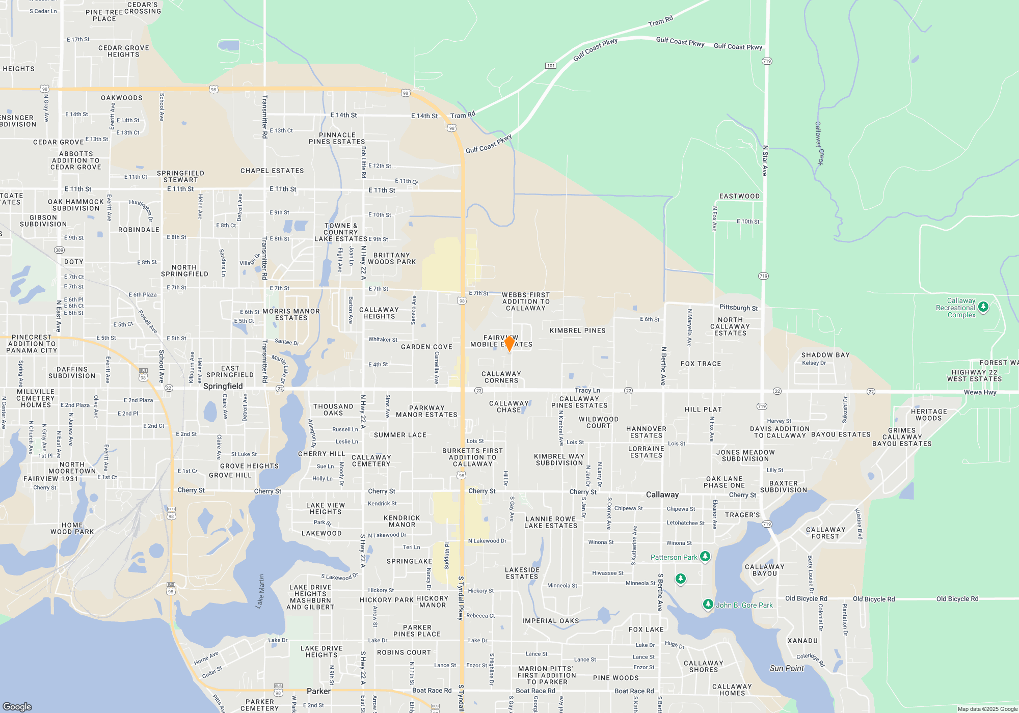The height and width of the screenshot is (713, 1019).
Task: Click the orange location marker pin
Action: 509,343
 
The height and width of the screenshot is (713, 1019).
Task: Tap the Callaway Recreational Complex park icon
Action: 983,307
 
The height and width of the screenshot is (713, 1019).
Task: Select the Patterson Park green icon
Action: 705,557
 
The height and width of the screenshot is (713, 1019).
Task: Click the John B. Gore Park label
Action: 744,605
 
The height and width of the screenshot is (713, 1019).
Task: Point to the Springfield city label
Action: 223,386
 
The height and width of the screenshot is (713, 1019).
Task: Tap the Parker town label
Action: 318,691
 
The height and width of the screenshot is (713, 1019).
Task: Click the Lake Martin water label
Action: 260,591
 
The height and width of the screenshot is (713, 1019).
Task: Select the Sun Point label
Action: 787,668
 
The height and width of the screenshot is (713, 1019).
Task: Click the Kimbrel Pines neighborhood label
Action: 578,331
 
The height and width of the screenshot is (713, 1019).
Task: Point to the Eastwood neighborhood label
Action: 739,196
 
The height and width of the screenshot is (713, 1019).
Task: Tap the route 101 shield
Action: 551,66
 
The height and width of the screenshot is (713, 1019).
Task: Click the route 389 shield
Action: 60,250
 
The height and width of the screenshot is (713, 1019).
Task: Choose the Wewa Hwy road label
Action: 980,392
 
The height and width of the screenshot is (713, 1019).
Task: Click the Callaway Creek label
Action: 819,143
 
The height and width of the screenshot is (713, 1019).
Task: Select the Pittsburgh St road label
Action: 738,308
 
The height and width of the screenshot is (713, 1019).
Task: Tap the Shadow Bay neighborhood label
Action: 825,355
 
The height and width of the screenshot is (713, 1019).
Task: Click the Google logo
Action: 17,706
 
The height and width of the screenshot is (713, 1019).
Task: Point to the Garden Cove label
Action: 426,347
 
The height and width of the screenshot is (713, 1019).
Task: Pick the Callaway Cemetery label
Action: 371,460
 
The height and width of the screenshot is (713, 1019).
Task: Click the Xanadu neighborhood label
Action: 802,641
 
